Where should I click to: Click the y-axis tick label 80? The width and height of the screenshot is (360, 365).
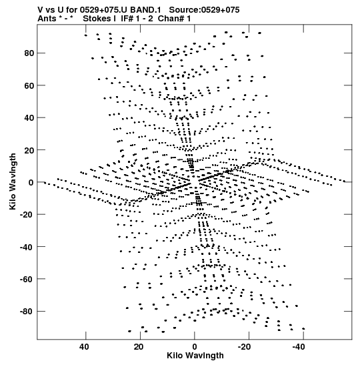click(x=29, y=53)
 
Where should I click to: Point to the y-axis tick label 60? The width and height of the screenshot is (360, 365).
click(x=29, y=85)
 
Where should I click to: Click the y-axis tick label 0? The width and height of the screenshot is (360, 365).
click(x=31, y=183)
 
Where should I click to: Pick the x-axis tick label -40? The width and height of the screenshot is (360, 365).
click(x=299, y=347)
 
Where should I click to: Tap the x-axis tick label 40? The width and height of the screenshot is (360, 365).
click(x=84, y=347)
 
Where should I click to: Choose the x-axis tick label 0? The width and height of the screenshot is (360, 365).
click(x=195, y=347)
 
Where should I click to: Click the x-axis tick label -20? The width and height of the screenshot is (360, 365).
click(x=244, y=347)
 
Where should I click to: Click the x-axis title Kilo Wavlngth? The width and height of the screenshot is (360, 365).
click(x=195, y=356)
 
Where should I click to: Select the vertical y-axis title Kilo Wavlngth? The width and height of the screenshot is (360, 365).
click(x=13, y=181)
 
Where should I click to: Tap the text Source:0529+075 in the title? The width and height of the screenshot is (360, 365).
click(x=204, y=10)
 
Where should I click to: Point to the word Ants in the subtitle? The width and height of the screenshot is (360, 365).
click(x=47, y=19)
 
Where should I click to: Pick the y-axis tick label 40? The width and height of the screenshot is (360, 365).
click(x=29, y=118)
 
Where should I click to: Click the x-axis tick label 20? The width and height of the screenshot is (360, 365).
click(x=139, y=347)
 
